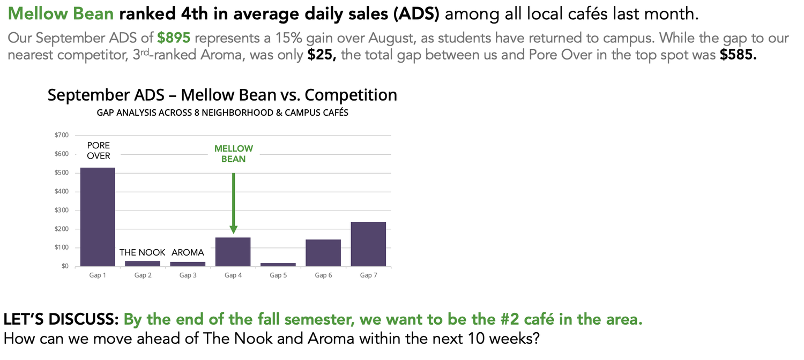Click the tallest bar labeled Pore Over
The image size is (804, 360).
coord(98,217)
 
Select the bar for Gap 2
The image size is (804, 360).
coord(143,264)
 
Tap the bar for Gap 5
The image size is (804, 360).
coord(278,265)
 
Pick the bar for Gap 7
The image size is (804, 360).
coord(368,244)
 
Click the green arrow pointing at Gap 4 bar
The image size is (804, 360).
coord(233,204)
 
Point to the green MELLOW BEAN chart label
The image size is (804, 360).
coord(233,154)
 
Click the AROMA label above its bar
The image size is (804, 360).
coord(188,252)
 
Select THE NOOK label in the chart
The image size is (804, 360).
coord(143,252)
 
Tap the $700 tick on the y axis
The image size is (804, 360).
coord(62,135)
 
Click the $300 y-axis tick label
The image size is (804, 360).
coord(62,210)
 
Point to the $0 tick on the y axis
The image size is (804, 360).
coord(64,266)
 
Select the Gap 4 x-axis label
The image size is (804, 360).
coord(233,275)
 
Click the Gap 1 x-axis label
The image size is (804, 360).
coord(98,275)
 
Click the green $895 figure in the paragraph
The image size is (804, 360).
coord(174,39)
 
